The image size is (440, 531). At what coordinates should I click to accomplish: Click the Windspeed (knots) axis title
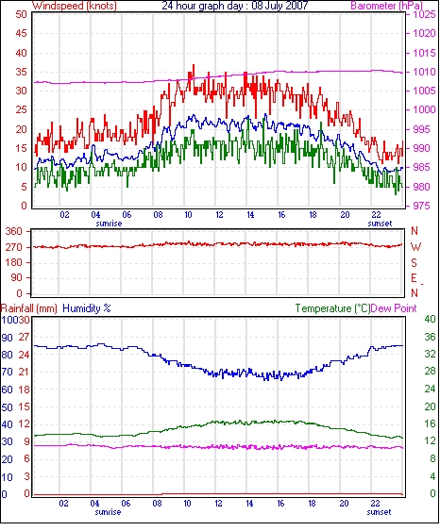pyautogui.click(x=75, y=6)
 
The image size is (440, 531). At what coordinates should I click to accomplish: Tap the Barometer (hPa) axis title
pyautogui.click(x=387, y=6)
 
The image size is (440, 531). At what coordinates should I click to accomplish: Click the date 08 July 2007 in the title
pyautogui.click(x=279, y=6)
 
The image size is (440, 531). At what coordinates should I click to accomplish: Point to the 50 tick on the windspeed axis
pyautogui.click(x=21, y=14)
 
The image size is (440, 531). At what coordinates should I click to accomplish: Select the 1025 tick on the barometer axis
pyautogui.click(x=424, y=14)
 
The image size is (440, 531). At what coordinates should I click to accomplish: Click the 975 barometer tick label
pyautogui.click(x=422, y=206)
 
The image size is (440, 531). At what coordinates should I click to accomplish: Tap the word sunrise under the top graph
pyautogui.click(x=109, y=224)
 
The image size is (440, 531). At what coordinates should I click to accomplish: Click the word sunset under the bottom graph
pyautogui.click(x=379, y=512)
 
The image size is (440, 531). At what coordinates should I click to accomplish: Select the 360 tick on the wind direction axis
pyautogui.click(x=13, y=232)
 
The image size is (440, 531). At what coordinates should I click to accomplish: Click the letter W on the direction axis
pyautogui.click(x=415, y=247)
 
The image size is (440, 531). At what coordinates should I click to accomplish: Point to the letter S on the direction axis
pyautogui.click(x=414, y=262)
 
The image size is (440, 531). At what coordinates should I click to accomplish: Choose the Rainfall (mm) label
pyautogui.click(x=29, y=308)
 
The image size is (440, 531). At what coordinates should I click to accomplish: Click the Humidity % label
pyautogui.click(x=87, y=308)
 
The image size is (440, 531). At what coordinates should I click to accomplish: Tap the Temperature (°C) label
pyautogui.click(x=332, y=308)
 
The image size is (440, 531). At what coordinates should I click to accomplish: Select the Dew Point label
pyautogui.click(x=394, y=308)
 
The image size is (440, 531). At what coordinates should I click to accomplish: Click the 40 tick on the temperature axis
pyautogui.click(x=430, y=319)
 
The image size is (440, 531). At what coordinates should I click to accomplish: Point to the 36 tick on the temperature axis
pyautogui.click(x=430, y=337)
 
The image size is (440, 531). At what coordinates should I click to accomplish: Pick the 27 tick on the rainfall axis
pyautogui.click(x=24, y=337)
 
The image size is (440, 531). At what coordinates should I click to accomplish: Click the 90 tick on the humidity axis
pyautogui.click(x=8, y=338)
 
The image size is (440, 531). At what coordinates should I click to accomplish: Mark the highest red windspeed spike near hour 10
pyautogui.click(x=194, y=65)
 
